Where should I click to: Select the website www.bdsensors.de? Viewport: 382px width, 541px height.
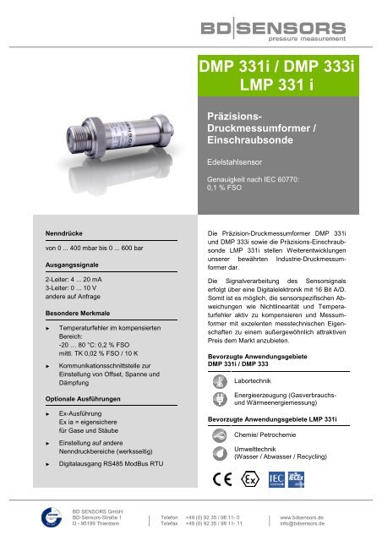pyautogui.click(x=302, y=516)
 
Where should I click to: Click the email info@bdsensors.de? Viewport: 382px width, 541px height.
pyautogui.click(x=302, y=523)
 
